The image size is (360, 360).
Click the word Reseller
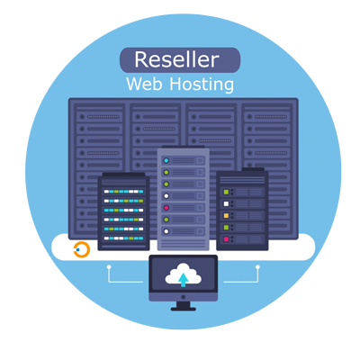[x=176, y=59]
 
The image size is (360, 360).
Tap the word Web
[x=145, y=84]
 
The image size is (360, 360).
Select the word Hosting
[x=202, y=85]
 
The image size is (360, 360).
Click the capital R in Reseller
[x=141, y=59]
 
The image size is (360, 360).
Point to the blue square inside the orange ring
[x=78, y=249]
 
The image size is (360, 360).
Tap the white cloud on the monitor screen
[x=183, y=274]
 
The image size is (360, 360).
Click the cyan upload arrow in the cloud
[x=183, y=280]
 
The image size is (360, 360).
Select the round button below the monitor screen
[x=184, y=297]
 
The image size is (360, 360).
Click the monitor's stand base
[x=184, y=309]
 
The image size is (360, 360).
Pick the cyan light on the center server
[x=166, y=160]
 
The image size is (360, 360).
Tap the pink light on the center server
[x=166, y=208]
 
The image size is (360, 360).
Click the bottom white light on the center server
[x=166, y=231]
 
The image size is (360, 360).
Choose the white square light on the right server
[x=226, y=204]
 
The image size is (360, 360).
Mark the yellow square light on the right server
[x=226, y=216]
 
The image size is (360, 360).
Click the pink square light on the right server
[x=226, y=239]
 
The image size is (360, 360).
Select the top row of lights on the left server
[x=123, y=192]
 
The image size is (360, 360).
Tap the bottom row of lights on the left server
[x=123, y=238]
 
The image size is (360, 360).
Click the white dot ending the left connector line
[x=109, y=266]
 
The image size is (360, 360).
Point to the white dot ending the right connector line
[x=257, y=266]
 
